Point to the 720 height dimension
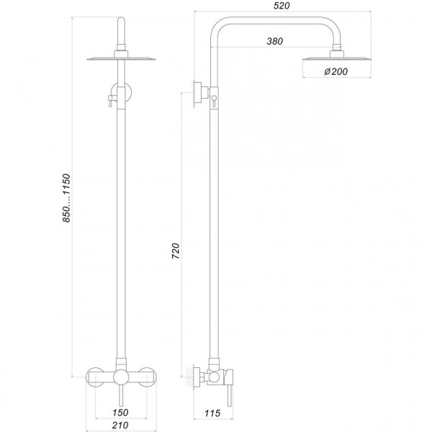point(176,251)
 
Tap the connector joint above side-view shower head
point(336,51)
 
